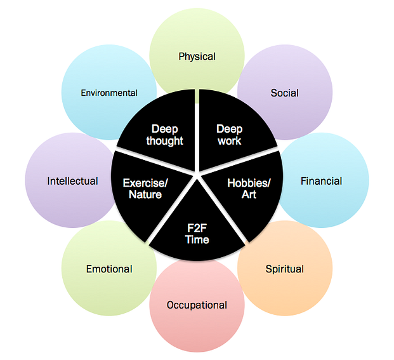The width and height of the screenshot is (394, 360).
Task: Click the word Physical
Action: (x=197, y=57)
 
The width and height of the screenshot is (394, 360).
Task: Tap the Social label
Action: (x=284, y=93)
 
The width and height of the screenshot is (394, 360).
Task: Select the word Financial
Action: (x=321, y=181)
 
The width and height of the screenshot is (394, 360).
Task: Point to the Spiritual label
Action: (x=284, y=269)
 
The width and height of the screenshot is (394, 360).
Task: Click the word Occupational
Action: (x=197, y=305)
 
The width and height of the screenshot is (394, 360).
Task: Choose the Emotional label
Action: (x=109, y=269)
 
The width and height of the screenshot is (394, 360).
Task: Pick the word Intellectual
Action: (x=72, y=181)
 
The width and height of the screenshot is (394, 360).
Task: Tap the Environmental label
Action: (x=109, y=93)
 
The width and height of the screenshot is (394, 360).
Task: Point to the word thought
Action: (x=164, y=141)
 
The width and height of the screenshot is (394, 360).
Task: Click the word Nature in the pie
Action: (x=145, y=194)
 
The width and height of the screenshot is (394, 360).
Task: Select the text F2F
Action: (x=197, y=228)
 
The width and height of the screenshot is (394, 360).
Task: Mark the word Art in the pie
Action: (x=249, y=194)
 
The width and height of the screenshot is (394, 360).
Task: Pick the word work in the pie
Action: (x=230, y=141)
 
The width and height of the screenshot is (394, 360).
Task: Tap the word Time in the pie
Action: (x=197, y=239)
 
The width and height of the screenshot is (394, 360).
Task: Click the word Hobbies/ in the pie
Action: (x=249, y=183)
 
